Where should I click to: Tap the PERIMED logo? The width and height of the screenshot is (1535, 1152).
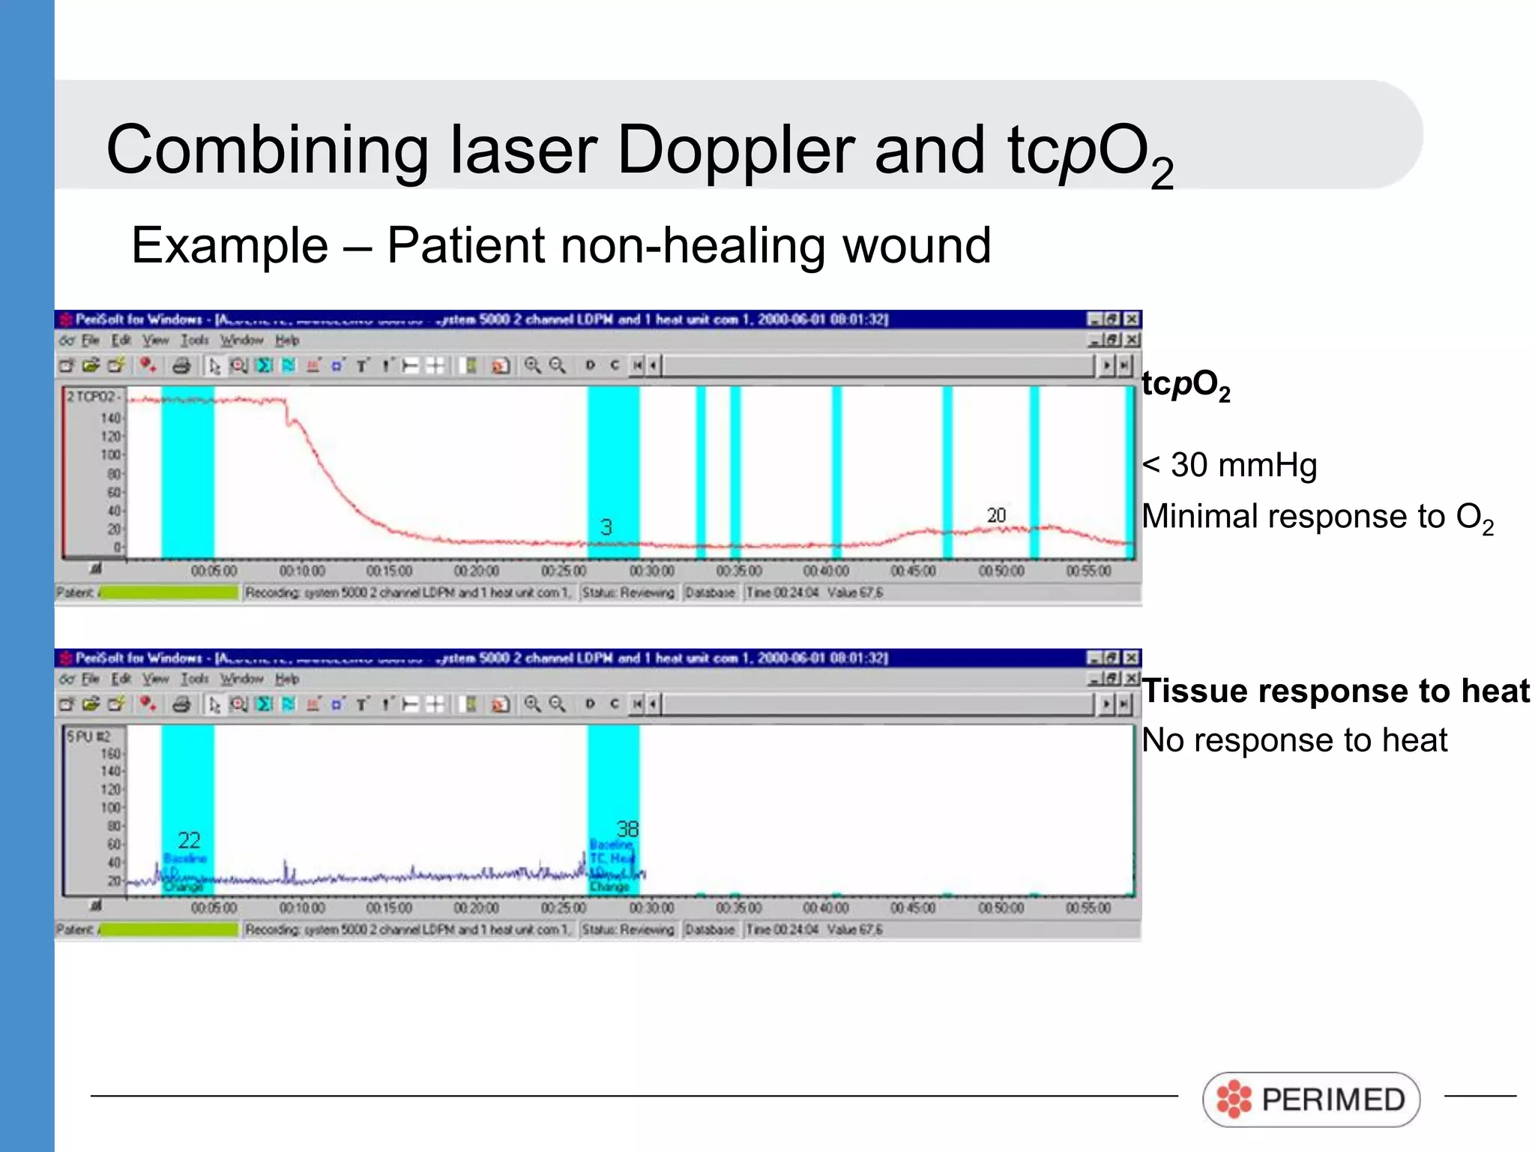1311,1099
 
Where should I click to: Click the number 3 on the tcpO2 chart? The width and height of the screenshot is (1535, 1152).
606,527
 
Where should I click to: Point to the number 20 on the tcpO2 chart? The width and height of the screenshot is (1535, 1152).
995,515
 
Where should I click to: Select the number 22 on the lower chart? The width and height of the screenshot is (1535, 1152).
189,840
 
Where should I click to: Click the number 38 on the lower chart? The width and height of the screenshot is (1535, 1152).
627,829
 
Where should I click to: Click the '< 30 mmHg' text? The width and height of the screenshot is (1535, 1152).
1229,465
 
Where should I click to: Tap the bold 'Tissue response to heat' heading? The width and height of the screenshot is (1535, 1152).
1335,691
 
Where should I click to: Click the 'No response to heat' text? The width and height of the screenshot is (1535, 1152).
1294,740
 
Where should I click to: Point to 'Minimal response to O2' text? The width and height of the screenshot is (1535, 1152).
1317,517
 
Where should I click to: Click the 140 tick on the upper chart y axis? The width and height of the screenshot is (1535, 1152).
110,418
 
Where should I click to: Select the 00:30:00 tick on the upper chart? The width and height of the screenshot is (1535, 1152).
651,571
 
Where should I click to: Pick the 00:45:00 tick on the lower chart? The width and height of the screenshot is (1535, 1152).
913,908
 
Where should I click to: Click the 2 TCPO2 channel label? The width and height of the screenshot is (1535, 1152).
91,396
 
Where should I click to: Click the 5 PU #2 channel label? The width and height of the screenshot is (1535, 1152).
88,736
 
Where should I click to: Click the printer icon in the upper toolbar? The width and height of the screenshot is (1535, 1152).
181,366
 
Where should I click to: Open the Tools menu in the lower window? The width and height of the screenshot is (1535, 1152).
195,679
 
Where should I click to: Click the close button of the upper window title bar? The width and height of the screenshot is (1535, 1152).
1132,319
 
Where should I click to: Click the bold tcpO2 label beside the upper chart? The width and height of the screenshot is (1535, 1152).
1185,385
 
